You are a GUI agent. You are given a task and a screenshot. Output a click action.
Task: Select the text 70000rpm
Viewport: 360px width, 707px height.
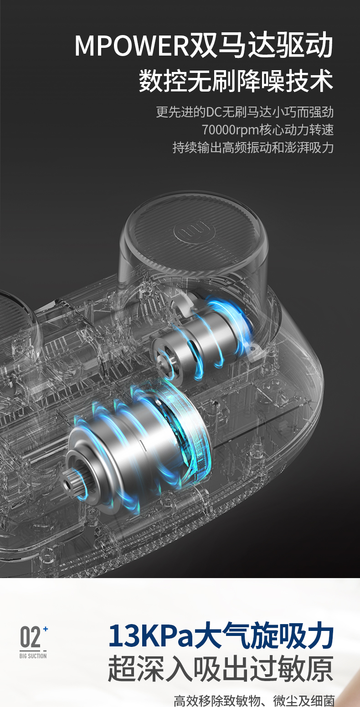[230, 130]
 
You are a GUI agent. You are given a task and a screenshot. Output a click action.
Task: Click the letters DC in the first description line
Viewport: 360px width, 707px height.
[213, 112]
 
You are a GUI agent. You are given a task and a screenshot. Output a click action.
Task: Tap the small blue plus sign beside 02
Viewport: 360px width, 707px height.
[46, 629]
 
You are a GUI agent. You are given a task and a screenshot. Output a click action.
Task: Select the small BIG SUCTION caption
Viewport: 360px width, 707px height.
[33, 656]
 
